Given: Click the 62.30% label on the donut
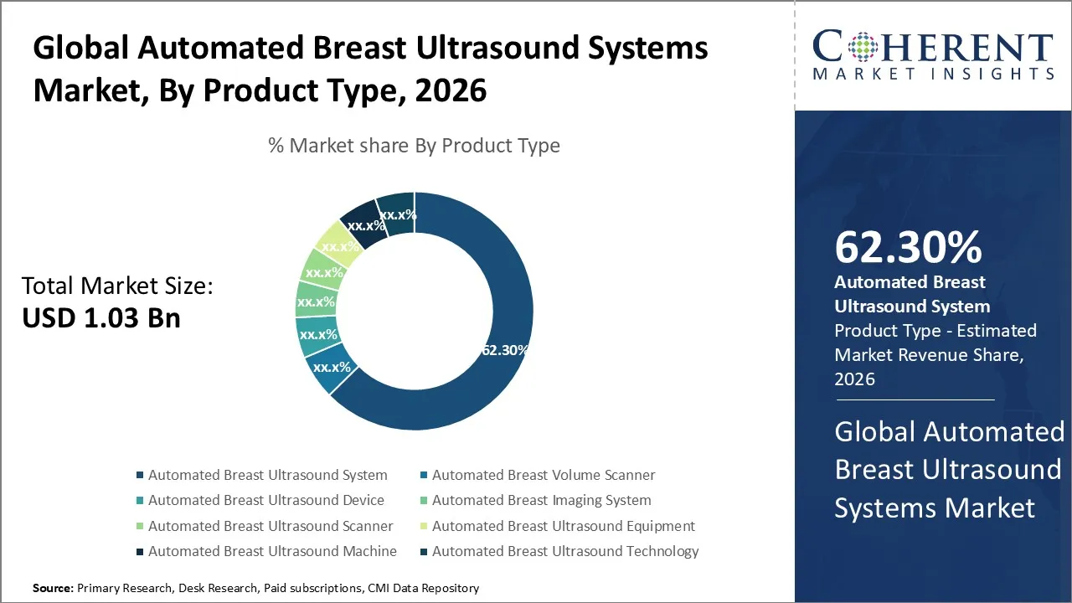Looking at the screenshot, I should [x=503, y=350].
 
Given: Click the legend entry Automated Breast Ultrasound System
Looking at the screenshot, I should [x=267, y=475].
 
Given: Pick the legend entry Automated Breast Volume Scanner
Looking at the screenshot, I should [x=543, y=475].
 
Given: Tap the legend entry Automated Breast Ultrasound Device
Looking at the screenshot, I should [x=265, y=500].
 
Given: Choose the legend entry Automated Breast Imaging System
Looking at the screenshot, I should [x=541, y=500].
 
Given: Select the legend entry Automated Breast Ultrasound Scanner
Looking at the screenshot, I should [x=270, y=526].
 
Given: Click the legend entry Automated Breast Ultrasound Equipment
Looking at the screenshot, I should [x=563, y=526].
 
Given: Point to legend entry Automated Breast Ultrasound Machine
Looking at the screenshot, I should [x=272, y=551].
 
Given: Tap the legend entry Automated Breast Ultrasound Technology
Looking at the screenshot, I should [x=564, y=551].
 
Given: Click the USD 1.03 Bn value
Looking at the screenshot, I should [x=101, y=318].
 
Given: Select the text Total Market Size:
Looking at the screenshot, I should [x=117, y=286].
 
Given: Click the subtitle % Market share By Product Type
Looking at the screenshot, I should [x=414, y=146].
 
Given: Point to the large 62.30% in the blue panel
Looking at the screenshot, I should [x=908, y=247].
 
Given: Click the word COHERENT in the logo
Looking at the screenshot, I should [x=932, y=47].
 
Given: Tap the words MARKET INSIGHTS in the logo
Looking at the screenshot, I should [x=932, y=75].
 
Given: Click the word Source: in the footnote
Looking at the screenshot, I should [x=53, y=589].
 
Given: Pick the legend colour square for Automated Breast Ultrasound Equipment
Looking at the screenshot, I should [x=425, y=527].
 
